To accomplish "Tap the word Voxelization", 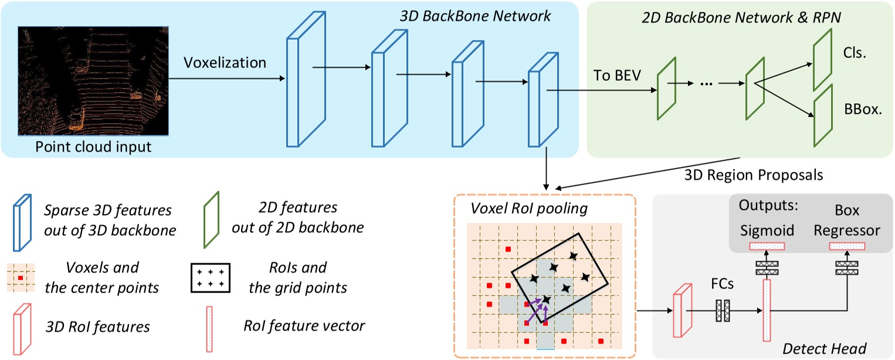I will (x=225, y=62).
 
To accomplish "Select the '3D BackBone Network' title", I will (x=475, y=16).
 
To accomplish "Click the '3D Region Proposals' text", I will (x=753, y=175).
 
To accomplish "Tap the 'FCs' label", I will (x=722, y=284).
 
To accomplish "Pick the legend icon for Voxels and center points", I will (x=21, y=277).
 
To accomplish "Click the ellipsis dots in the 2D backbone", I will (x=706, y=84).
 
